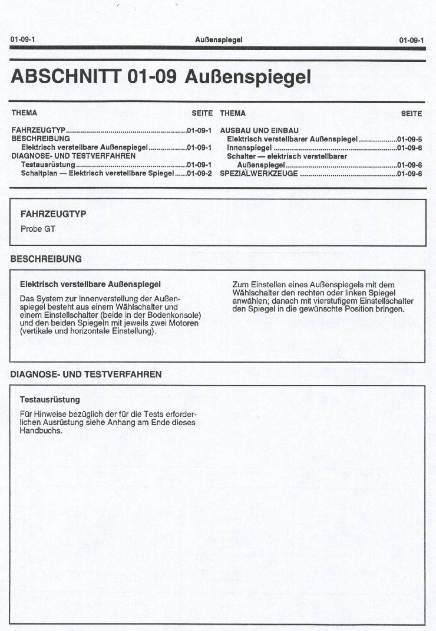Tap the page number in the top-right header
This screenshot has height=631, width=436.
point(411,40)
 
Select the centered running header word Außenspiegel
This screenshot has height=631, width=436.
point(218,40)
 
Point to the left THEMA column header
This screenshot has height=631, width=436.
point(24,113)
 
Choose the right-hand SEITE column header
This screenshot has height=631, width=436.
point(411,113)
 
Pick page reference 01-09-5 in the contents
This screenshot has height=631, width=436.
point(409,139)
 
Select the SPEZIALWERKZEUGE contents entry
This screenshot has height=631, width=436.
point(259,174)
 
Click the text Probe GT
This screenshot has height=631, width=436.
point(38,229)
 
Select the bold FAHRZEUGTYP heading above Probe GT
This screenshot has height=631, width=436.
point(53,214)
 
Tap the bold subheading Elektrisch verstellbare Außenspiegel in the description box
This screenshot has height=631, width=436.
point(90,284)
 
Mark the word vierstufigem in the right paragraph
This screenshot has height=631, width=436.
point(343,301)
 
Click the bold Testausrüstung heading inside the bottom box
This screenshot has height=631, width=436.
point(50,400)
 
